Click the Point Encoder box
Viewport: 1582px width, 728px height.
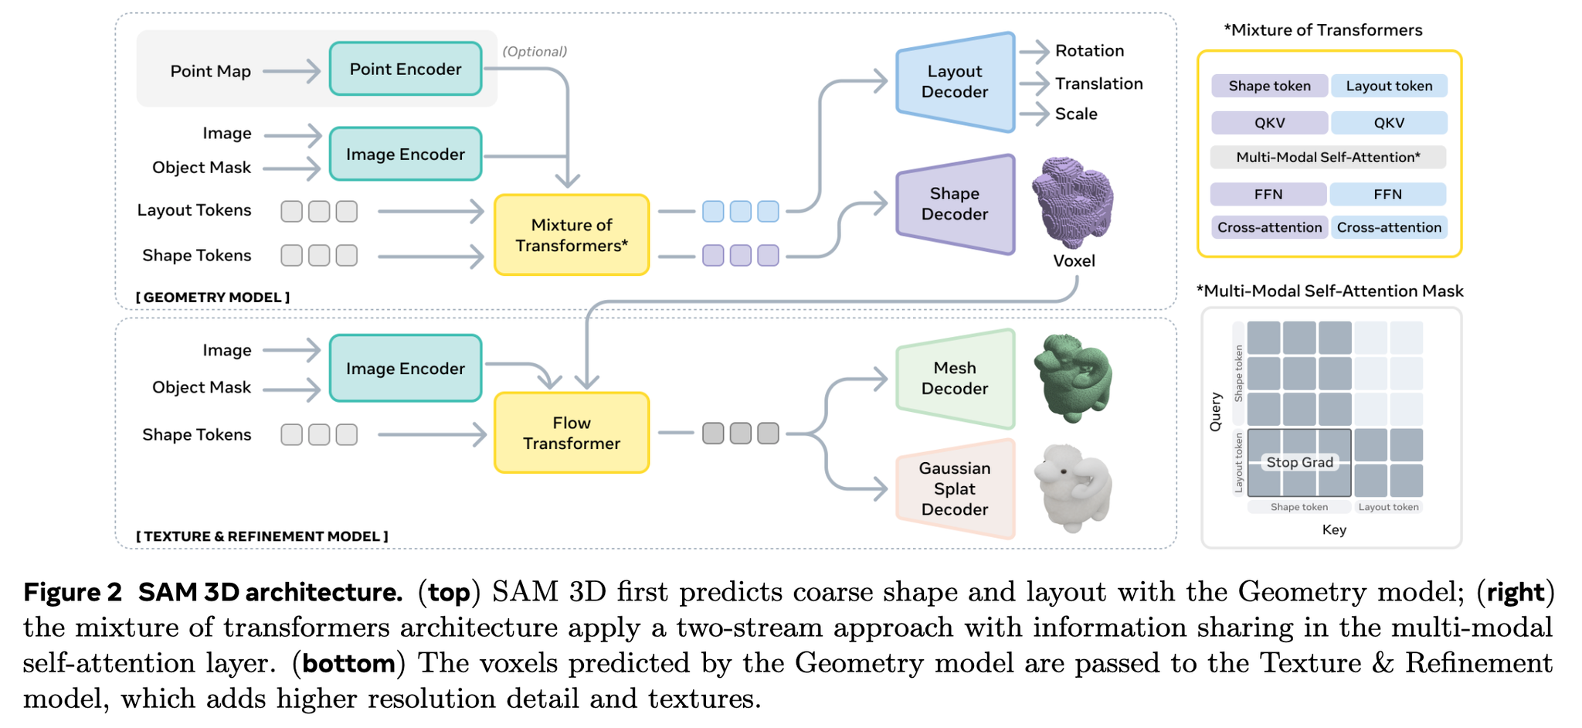pos(406,69)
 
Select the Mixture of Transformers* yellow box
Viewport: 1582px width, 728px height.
pos(572,235)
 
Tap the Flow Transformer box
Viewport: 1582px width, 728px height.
pos(572,433)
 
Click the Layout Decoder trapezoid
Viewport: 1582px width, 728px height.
pos(955,82)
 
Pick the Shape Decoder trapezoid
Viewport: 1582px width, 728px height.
pos(955,204)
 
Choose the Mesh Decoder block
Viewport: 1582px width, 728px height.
pos(955,379)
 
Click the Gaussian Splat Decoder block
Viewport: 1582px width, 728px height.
pos(955,488)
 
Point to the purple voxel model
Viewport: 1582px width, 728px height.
pos(1074,202)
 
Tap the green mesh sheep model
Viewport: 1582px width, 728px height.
pos(1074,378)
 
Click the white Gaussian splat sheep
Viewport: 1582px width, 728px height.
pos(1074,488)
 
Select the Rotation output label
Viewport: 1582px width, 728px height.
pos(1089,51)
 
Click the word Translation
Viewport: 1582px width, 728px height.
pos(1098,83)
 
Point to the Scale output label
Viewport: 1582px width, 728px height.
pos(1076,114)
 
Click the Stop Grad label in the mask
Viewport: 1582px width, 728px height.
pos(1299,462)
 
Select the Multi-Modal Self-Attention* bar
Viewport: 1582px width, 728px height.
pos(1328,158)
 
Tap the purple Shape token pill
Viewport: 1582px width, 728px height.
pos(1269,86)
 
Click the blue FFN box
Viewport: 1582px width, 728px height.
pos(1387,194)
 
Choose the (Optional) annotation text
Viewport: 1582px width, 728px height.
pos(535,52)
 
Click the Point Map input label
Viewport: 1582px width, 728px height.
pos(210,71)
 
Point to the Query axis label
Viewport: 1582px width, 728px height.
pos(1216,412)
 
